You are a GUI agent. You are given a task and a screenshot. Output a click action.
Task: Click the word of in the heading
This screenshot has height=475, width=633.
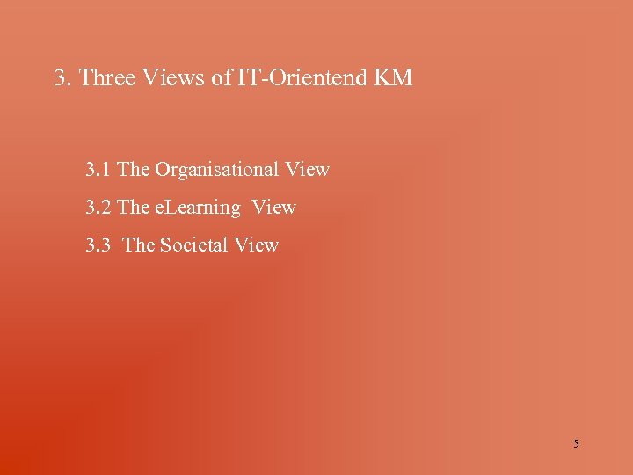point(221,78)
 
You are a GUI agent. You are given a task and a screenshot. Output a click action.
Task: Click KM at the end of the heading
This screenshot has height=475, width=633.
point(392,78)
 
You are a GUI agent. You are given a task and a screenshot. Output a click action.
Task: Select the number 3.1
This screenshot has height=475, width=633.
point(98,169)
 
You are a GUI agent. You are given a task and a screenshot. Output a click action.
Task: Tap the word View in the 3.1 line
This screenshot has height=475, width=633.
point(308,169)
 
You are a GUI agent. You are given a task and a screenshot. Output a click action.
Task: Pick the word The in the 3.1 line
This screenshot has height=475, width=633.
point(134,169)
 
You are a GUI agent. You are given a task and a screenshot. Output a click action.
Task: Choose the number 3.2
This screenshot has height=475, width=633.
point(98,208)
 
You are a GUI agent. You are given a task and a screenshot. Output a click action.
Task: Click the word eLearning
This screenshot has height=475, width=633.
point(198,208)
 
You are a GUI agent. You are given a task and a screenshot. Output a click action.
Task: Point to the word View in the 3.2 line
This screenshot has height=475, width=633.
point(274,208)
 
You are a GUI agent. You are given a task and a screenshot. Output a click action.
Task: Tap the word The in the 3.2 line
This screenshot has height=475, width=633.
point(134,208)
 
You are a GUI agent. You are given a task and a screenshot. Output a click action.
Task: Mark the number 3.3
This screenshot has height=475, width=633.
point(98,245)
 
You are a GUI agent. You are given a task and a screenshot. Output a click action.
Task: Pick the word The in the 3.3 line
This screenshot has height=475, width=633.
point(139,245)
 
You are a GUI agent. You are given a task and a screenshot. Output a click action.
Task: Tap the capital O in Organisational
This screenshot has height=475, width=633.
point(163,169)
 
